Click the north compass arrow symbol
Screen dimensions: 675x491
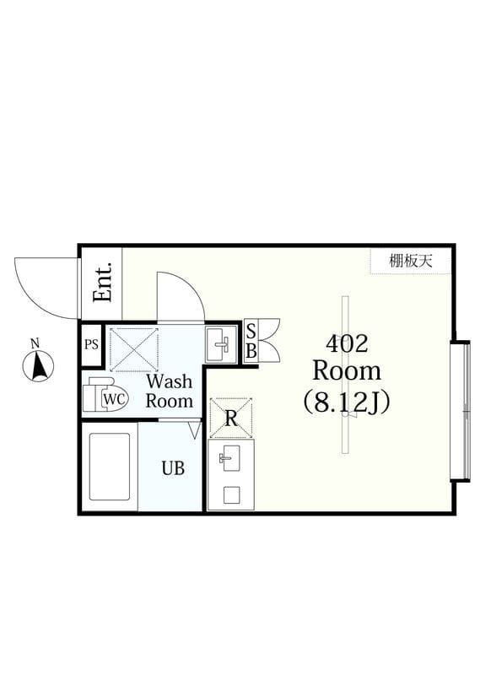click(x=38, y=366)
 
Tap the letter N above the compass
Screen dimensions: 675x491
click(x=35, y=343)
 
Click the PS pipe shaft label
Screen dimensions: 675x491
click(x=91, y=345)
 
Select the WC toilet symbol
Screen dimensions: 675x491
click(x=105, y=395)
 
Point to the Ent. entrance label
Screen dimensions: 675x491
click(x=103, y=283)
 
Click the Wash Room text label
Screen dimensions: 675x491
click(x=169, y=391)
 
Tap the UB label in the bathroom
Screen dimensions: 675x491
click(x=173, y=468)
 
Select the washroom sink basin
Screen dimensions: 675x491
click(x=222, y=343)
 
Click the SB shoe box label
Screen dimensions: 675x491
click(x=251, y=341)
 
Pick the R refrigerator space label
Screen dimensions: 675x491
click(x=230, y=418)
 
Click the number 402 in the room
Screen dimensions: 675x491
click(x=347, y=343)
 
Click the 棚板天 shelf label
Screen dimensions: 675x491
click(x=411, y=261)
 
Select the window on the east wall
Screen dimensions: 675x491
click(x=461, y=410)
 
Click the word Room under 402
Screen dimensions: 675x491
click(x=347, y=371)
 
